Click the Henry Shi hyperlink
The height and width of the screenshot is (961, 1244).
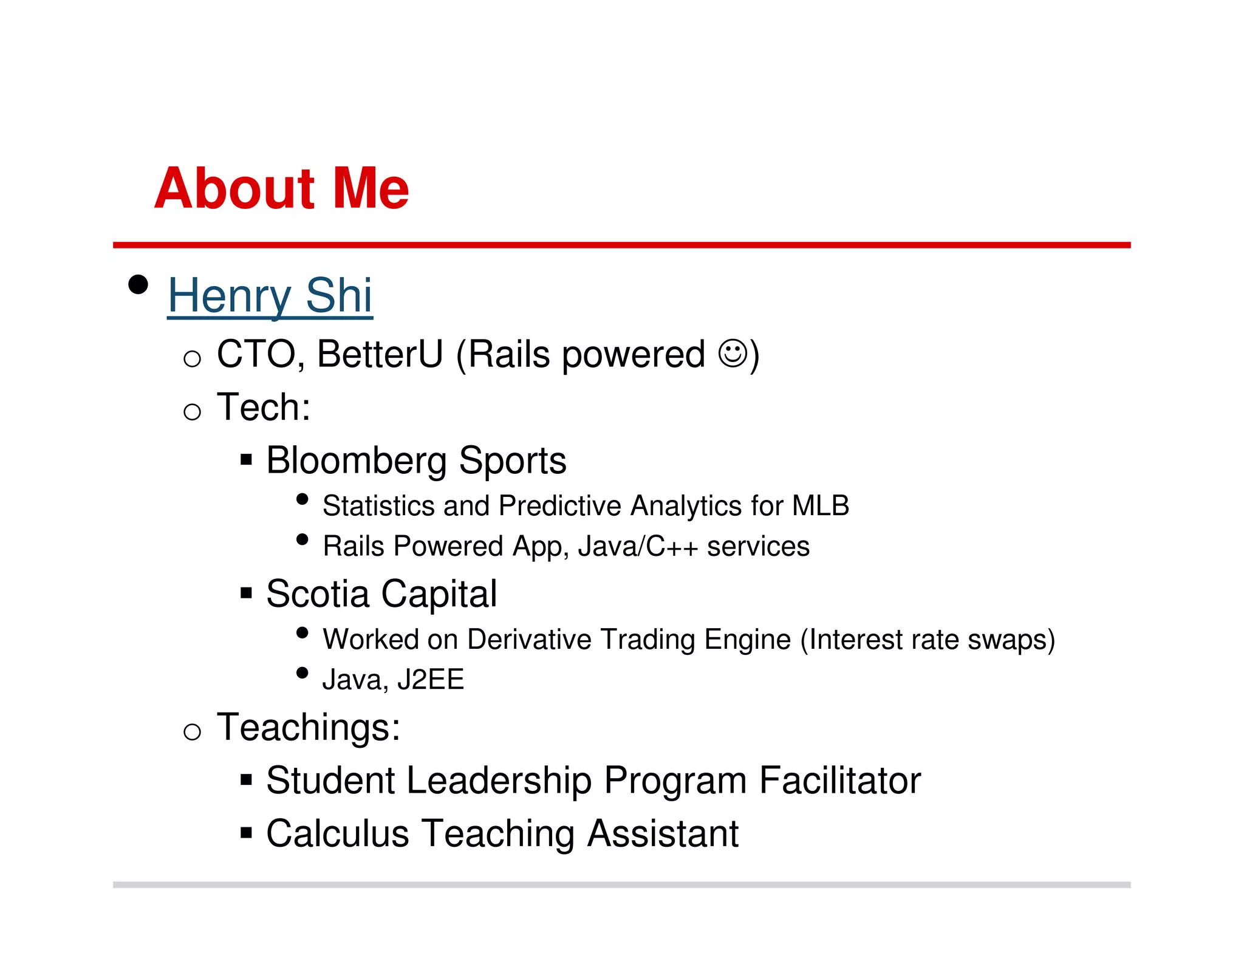tap(270, 296)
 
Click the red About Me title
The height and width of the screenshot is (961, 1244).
tap(281, 188)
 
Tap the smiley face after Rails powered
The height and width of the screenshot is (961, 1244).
tap(732, 354)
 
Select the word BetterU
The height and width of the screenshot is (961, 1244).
tap(380, 354)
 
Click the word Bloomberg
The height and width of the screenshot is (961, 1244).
tap(356, 460)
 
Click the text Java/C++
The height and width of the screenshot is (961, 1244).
tap(638, 546)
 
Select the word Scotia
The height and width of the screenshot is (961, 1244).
tap(317, 593)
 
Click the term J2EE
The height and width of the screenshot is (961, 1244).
tap(431, 680)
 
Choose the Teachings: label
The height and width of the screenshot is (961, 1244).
tap(309, 727)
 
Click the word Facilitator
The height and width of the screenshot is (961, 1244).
tap(840, 781)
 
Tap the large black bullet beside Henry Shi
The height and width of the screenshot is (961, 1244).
tap(138, 284)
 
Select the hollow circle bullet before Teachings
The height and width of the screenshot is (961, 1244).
tap(192, 731)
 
